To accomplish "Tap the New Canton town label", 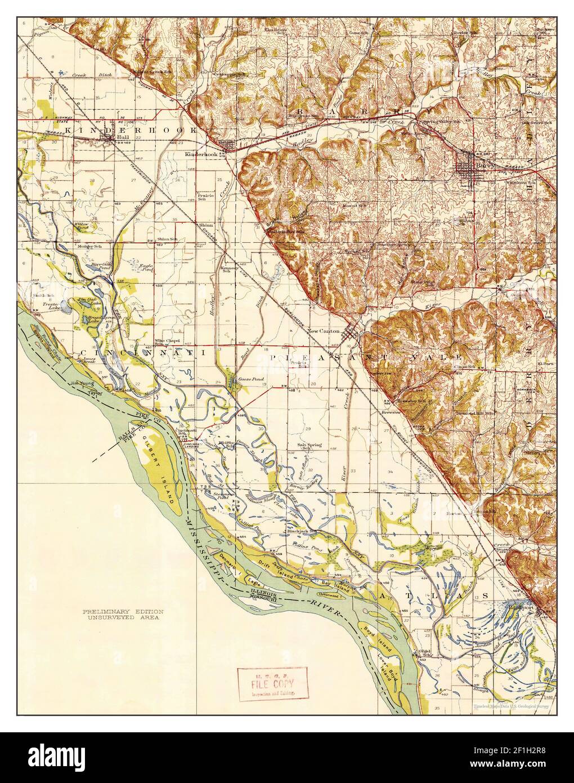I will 324,331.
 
